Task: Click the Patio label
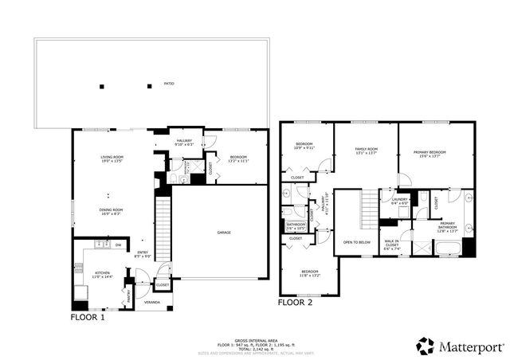click(x=169, y=82)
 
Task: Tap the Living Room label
click(x=110, y=159)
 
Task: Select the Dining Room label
click(x=110, y=211)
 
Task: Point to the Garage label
click(x=224, y=233)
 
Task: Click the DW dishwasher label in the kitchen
click(x=118, y=245)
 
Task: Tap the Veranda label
click(x=151, y=303)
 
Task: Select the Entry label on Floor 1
click(x=142, y=254)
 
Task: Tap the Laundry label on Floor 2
click(x=399, y=201)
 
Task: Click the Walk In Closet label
click(x=393, y=245)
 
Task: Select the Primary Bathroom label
click(x=448, y=226)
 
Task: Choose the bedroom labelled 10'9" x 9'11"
click(x=304, y=146)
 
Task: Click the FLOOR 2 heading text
click(x=295, y=303)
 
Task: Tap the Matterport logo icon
click(x=426, y=346)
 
